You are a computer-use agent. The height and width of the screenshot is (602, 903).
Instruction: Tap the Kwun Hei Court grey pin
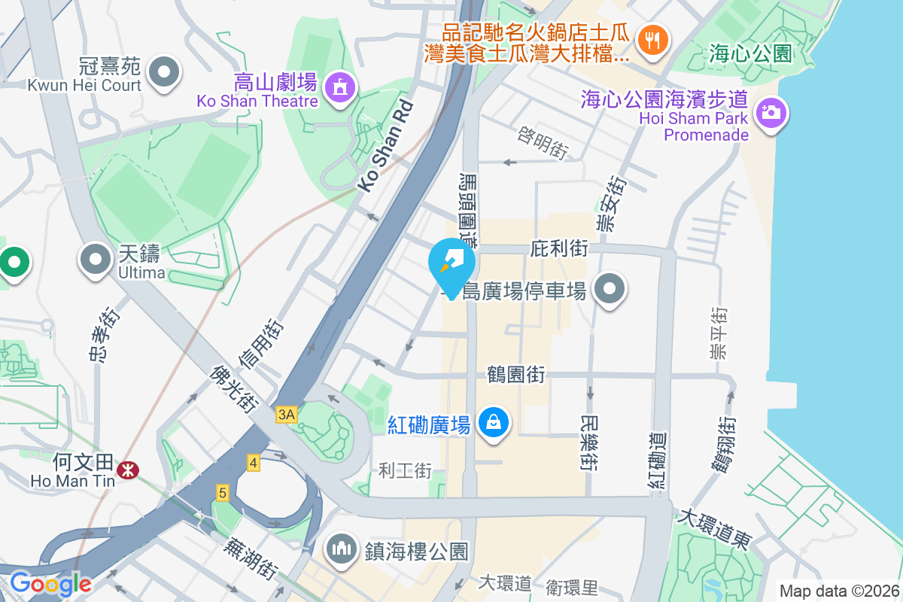(165, 72)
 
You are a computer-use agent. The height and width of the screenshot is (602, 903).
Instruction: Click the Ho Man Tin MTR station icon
(129, 470)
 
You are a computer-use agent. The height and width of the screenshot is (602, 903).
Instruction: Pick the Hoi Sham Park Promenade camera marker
(768, 114)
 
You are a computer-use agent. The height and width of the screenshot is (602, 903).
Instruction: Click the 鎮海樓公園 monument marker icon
(342, 549)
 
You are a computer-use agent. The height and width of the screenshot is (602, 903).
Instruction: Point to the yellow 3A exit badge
(287, 414)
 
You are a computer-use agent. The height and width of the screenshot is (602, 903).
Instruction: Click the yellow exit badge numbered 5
(222, 493)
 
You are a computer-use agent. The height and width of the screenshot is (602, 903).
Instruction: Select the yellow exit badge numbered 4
(254, 463)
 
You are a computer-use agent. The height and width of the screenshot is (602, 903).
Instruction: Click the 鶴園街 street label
(516, 374)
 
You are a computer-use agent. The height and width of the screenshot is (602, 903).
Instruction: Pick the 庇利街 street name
(558, 248)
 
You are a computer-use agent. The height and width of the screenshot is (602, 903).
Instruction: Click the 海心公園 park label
(750, 53)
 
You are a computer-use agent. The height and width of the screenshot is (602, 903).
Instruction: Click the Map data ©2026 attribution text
(839, 591)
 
